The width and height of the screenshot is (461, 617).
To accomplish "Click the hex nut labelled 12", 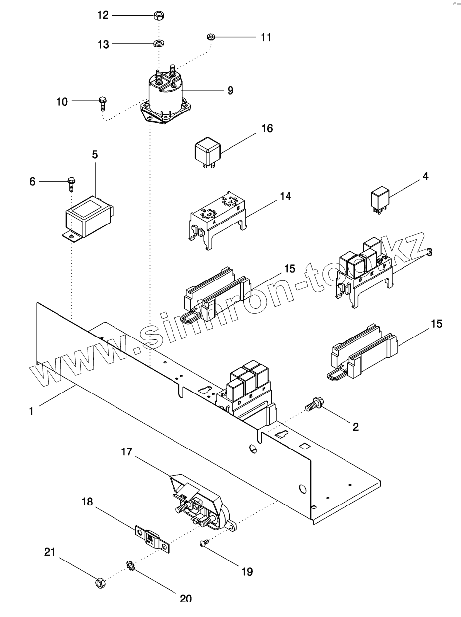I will click(x=160, y=15).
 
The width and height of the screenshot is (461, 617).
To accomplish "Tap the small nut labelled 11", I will click(x=210, y=36).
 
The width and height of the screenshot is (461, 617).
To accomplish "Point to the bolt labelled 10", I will click(x=103, y=102).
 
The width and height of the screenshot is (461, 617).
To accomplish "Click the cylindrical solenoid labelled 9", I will click(x=165, y=97).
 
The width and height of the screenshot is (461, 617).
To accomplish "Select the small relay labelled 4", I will click(x=381, y=199).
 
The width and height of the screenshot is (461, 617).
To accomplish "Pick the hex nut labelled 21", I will click(x=99, y=583).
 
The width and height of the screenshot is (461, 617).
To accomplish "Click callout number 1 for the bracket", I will click(x=31, y=411).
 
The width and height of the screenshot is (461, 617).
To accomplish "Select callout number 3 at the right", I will click(x=429, y=252).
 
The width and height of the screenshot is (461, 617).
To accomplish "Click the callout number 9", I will click(x=230, y=91).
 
